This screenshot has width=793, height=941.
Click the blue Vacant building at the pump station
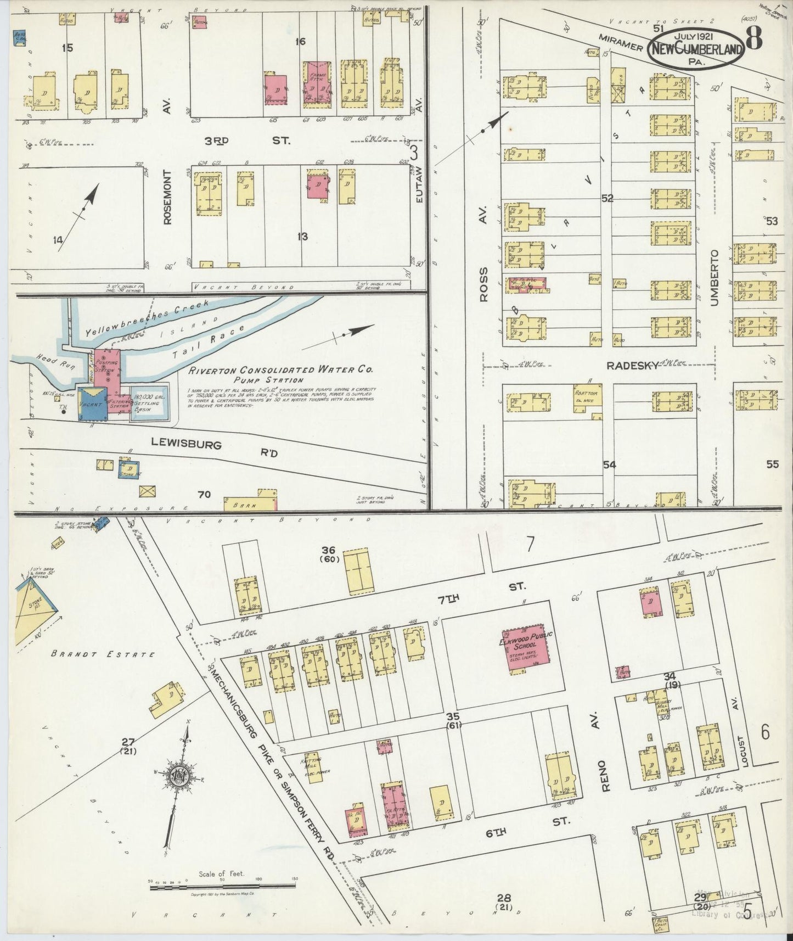tap(92, 404)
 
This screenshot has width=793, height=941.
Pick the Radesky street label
tap(632, 366)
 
